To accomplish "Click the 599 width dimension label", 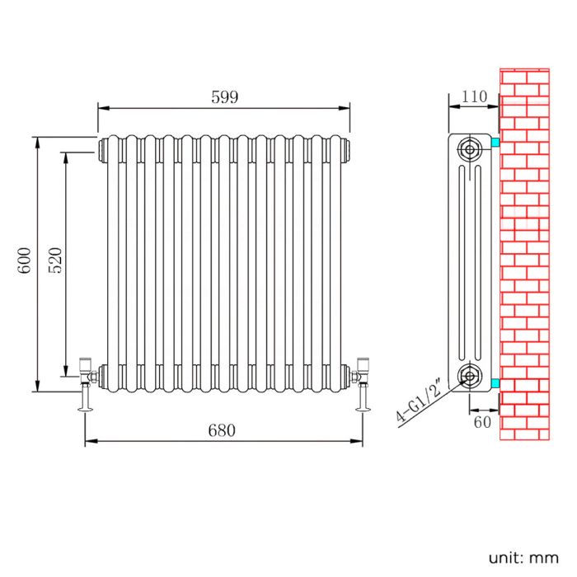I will (x=223, y=97).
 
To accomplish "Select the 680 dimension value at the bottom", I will (x=221, y=430).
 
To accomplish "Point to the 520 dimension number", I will (x=55, y=261).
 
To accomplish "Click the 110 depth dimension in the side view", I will (x=473, y=96).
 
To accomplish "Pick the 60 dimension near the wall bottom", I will (x=481, y=422).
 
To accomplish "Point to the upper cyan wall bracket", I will (x=495, y=143).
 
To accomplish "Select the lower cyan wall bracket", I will (x=495, y=382).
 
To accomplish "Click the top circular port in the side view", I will (x=470, y=150).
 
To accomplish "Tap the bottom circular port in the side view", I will (x=470, y=377).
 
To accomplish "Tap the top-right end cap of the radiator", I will (x=347, y=150).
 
